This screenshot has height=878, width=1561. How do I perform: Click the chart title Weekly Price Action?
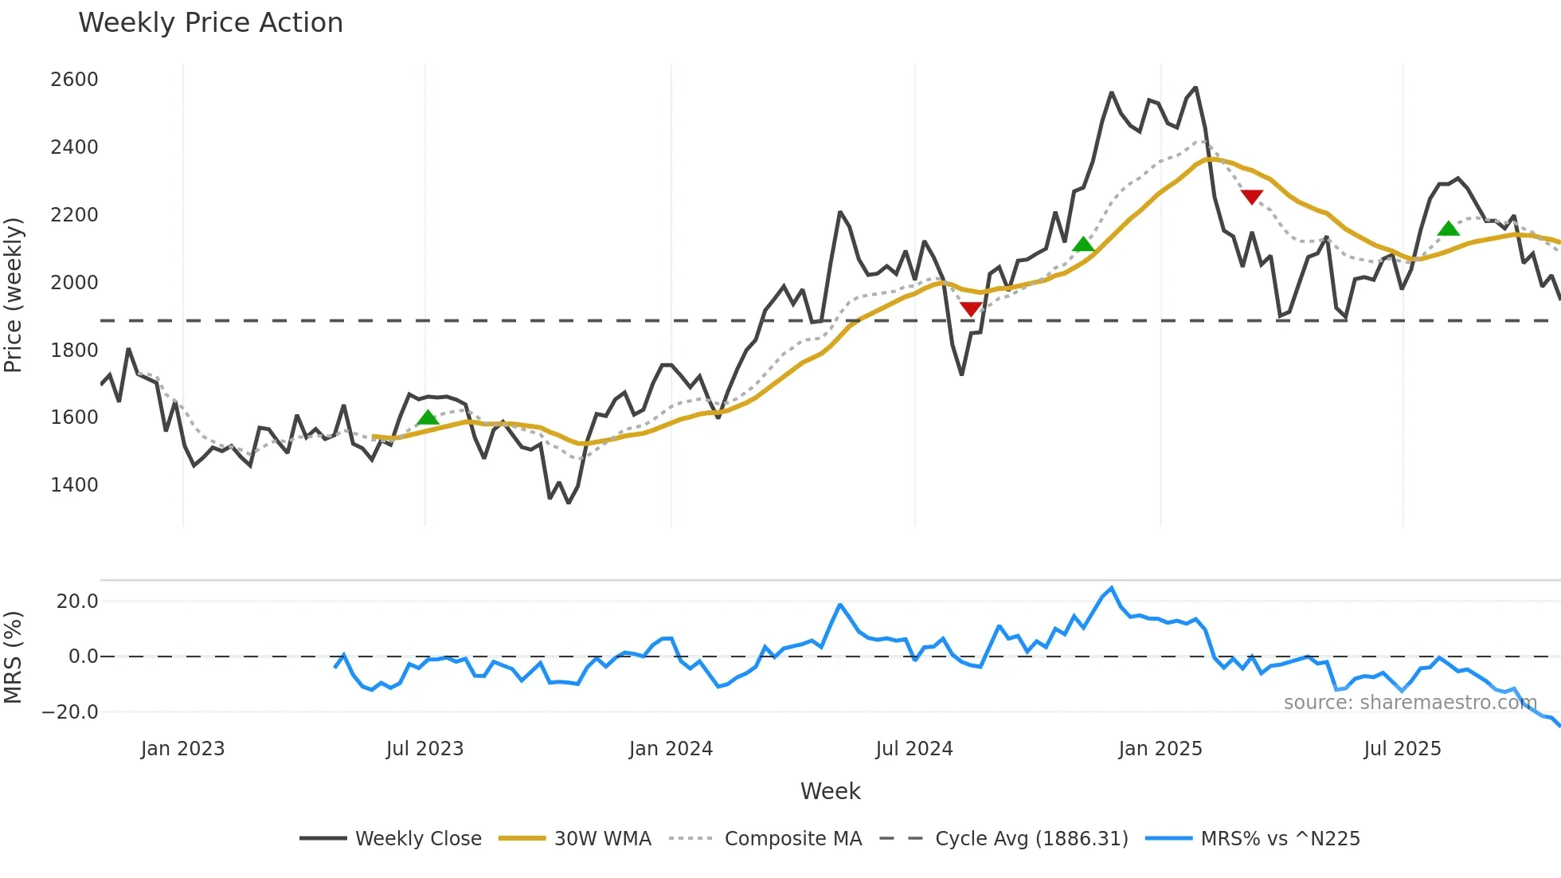tap(210, 23)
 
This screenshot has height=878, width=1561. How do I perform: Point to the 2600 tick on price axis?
tap(74, 80)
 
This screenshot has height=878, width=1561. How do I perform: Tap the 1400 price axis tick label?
tap(74, 485)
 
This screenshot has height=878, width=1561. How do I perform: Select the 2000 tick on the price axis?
tap(74, 283)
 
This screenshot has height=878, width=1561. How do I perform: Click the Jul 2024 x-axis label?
tap(914, 749)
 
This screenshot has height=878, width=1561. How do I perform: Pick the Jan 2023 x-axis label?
tap(182, 749)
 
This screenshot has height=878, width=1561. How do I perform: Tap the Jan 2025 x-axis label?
tap(1160, 749)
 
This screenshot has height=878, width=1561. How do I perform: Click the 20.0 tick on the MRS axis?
tap(77, 602)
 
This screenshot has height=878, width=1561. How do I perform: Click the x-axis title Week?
tap(830, 791)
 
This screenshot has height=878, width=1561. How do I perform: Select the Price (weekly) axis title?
tap(14, 295)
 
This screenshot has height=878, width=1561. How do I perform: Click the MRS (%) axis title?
tap(14, 657)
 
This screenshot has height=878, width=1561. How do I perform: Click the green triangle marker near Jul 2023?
tap(428, 417)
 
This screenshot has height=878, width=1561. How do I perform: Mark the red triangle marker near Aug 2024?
tap(970, 308)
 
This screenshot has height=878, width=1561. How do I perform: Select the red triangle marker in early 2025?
tap(1251, 196)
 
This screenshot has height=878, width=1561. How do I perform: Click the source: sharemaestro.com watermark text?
tap(1410, 703)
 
